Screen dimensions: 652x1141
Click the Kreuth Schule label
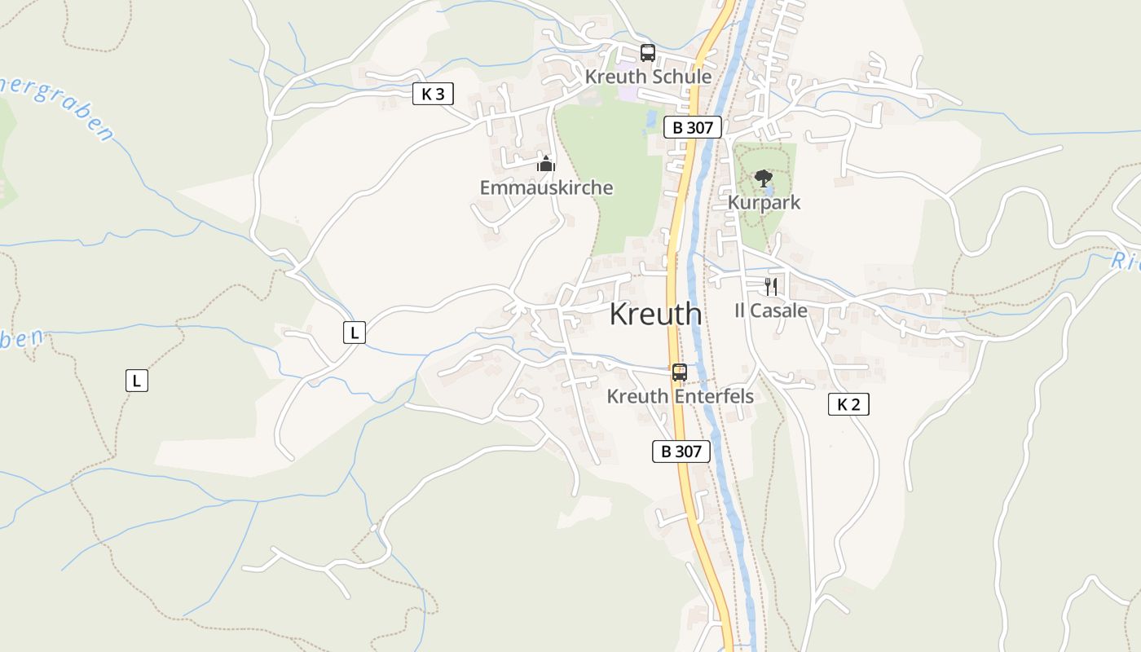click(x=648, y=77)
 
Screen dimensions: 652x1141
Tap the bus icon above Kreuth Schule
click(x=648, y=53)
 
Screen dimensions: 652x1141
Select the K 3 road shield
click(x=433, y=95)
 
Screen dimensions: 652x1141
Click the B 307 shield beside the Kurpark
click(x=692, y=127)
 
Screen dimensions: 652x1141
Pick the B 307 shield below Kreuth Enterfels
click(x=681, y=452)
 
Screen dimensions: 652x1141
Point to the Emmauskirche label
click(x=546, y=187)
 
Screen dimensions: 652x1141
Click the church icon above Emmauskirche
click(x=546, y=164)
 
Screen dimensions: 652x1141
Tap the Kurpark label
click(x=764, y=202)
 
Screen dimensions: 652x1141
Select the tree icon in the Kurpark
click(x=763, y=178)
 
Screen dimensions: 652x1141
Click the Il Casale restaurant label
click(x=770, y=311)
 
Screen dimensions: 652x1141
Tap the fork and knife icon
click(x=770, y=286)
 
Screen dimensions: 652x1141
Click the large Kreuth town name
click(x=655, y=314)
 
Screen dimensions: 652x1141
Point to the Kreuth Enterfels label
click(x=680, y=396)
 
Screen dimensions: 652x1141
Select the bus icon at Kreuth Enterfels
click(x=679, y=372)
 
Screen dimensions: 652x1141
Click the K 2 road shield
click(x=848, y=404)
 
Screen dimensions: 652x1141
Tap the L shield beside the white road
click(x=354, y=333)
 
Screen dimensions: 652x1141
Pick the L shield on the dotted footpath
click(x=137, y=380)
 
